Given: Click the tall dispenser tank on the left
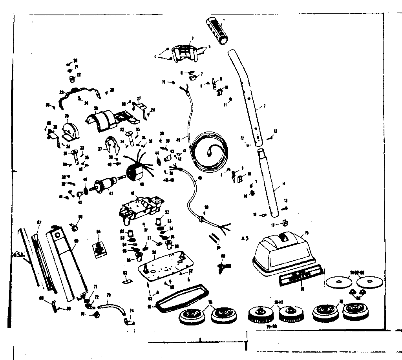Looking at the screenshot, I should point(67,259).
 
